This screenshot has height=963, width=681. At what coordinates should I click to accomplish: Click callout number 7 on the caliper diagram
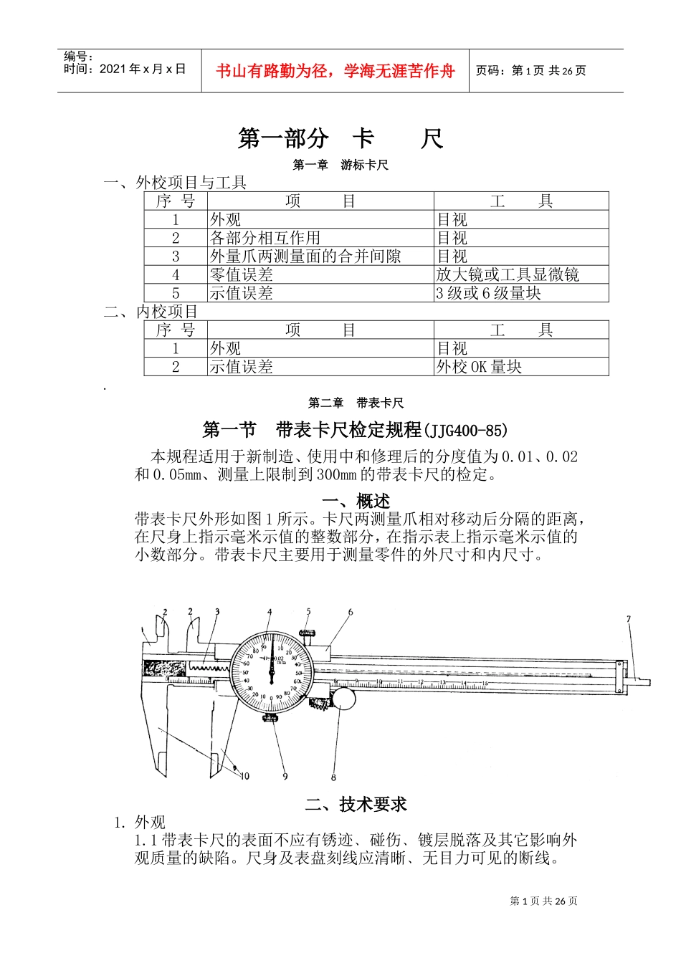point(629,619)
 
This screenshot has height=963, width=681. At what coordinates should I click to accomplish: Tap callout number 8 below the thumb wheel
point(333,777)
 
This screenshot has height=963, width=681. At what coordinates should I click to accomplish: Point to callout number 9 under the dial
point(285,776)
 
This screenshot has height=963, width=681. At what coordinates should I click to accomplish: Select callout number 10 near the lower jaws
point(244,775)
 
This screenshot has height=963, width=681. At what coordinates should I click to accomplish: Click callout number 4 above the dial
point(270,612)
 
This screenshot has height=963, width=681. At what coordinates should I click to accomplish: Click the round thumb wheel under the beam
point(343,698)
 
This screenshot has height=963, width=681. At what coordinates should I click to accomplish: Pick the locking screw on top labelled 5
point(308,632)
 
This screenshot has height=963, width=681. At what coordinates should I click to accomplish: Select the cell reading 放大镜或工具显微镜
point(508,274)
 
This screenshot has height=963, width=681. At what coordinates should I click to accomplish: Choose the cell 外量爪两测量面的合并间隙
point(305,256)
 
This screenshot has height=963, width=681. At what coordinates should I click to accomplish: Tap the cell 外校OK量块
point(479,367)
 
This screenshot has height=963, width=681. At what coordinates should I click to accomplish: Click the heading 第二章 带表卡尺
point(356,403)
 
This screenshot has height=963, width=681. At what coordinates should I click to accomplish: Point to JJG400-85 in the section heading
point(466,431)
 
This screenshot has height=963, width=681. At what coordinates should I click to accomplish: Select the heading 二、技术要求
point(356,805)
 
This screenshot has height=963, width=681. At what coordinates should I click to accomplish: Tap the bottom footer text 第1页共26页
point(543,901)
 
